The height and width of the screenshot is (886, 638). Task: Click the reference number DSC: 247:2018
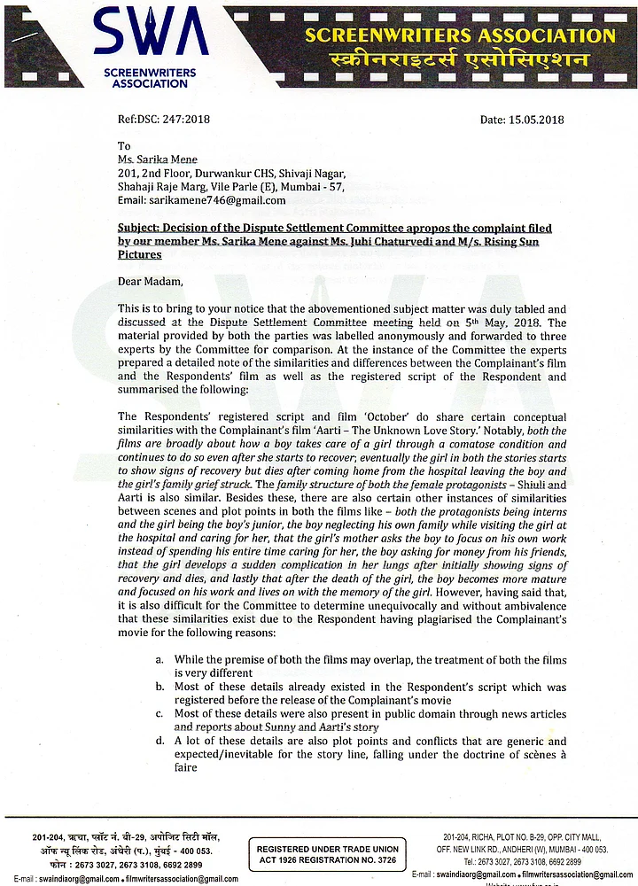(163, 120)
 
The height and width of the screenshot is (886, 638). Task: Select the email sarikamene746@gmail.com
(208, 201)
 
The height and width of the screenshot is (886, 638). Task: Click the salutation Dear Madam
(150, 282)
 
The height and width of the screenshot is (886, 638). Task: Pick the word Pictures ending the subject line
(140, 254)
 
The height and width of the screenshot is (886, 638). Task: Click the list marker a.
(159, 660)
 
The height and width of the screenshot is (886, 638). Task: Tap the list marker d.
(159, 741)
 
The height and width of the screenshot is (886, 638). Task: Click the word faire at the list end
(189, 767)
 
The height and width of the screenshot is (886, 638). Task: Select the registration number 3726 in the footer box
(383, 860)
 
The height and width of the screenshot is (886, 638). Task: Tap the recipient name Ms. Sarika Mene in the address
(158, 159)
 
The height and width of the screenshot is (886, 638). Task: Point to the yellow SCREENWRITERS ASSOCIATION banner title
(459, 35)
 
